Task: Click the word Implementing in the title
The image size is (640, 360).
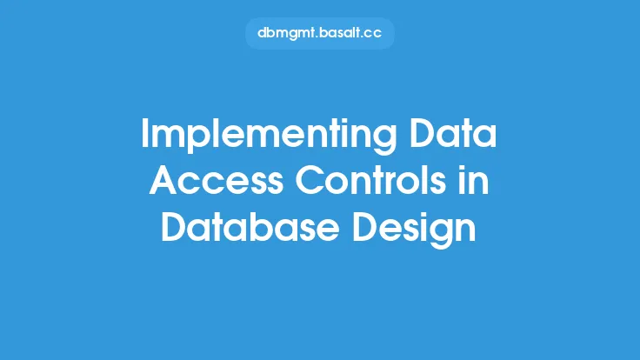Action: click(x=269, y=136)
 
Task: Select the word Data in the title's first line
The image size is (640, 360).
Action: click(x=453, y=133)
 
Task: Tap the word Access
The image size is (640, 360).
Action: click(x=217, y=180)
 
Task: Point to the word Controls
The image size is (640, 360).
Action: click(x=370, y=180)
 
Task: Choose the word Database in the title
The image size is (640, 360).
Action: click(x=250, y=227)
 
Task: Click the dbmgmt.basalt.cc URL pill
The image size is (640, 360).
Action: click(x=320, y=33)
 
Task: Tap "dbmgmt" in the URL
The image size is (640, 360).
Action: click(x=287, y=33)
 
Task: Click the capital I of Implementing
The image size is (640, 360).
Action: click(x=144, y=133)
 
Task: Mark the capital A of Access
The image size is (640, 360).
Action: click(x=163, y=180)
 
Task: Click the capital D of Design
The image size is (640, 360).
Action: click(x=365, y=227)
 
